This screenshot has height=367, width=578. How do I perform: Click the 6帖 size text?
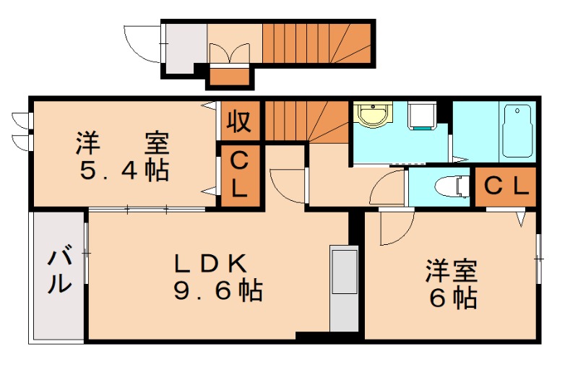pyautogui.click(x=452, y=297)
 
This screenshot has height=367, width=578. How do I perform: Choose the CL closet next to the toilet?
pyautogui.click(x=506, y=186)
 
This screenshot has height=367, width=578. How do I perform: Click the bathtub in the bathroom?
pyautogui.click(x=518, y=130)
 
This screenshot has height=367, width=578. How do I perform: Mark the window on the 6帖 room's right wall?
pyautogui.click(x=538, y=256)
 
